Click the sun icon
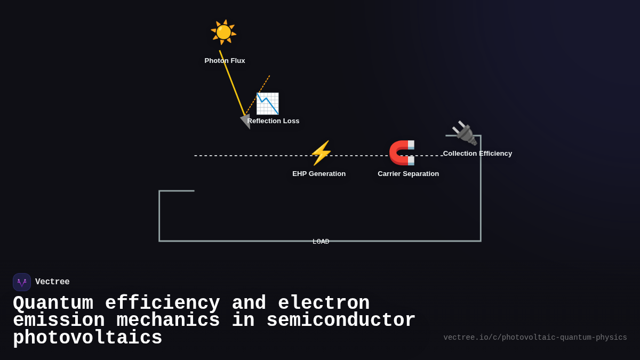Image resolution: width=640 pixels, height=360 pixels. click(x=223, y=32)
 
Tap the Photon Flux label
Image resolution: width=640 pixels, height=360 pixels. click(x=225, y=61)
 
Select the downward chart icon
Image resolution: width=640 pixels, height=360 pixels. click(x=267, y=103)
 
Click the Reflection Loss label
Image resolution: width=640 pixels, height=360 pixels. click(x=273, y=121)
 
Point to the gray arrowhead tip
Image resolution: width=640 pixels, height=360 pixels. click(x=249, y=128)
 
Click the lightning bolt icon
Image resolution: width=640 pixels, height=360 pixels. click(x=321, y=153)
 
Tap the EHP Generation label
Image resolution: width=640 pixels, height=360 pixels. click(x=319, y=174)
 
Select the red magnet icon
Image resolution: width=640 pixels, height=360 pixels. click(x=402, y=153)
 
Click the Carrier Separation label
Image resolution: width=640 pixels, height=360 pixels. click(x=408, y=174)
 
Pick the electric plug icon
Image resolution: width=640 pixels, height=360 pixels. click(x=464, y=133)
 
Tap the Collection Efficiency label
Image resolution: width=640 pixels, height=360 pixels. click(x=477, y=154)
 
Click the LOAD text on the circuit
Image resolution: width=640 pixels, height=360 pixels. click(x=321, y=242)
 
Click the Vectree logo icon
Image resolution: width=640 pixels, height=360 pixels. click(x=22, y=282)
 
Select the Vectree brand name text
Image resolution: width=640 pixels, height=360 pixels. click(x=52, y=282)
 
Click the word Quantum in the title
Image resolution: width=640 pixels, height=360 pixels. click(x=53, y=303)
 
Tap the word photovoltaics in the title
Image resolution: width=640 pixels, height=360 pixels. click(x=87, y=338)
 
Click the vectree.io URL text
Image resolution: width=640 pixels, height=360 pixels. click(x=535, y=338)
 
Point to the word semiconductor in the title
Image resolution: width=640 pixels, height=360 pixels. click(x=341, y=321)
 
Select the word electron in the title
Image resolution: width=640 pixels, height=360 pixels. click(x=324, y=303)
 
